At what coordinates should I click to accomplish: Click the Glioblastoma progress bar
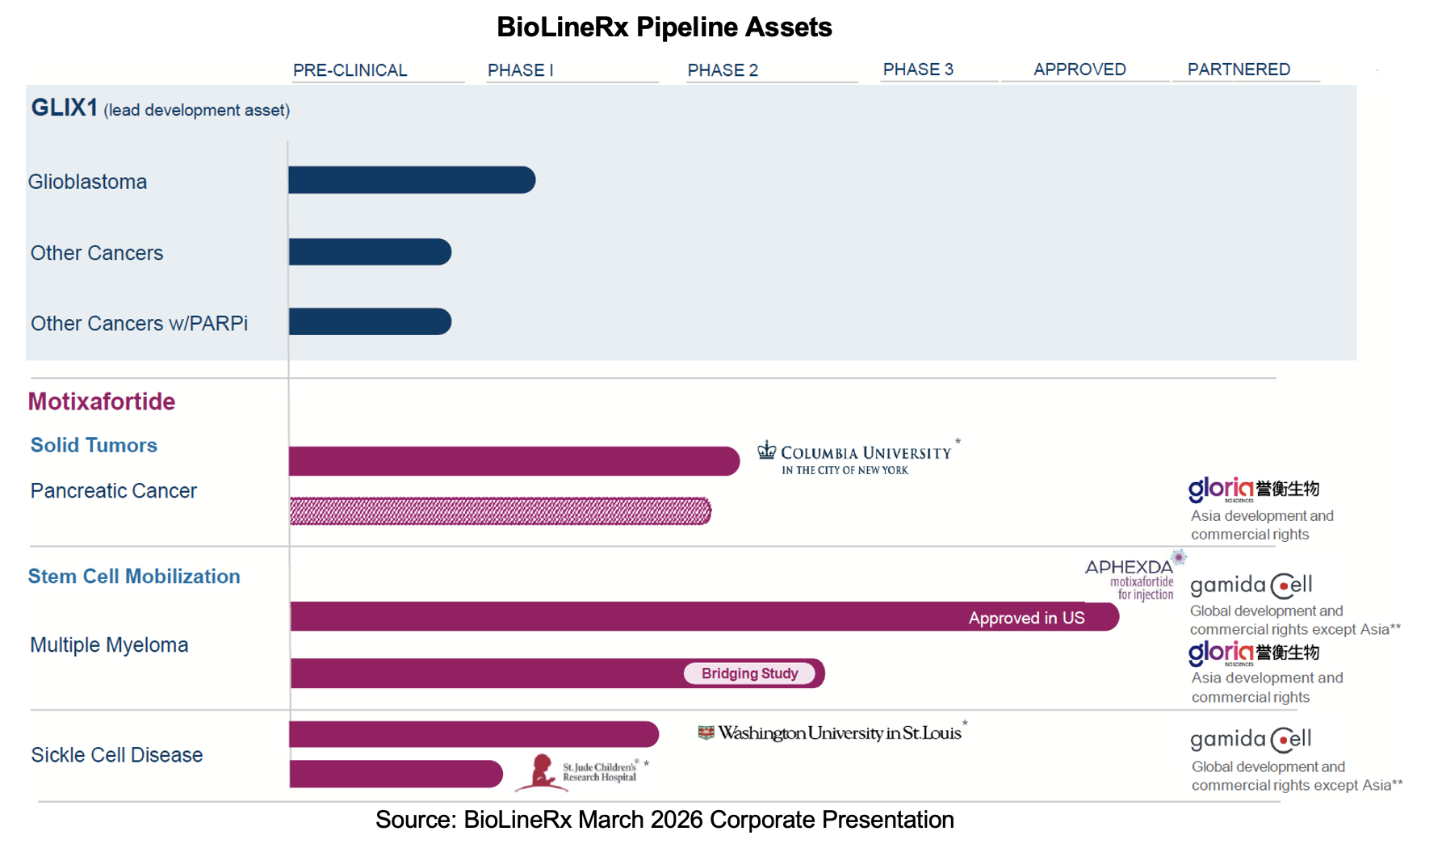412,180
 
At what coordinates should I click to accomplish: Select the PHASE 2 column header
723,70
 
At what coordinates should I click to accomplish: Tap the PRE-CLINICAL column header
350,70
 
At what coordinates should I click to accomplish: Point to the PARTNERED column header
1239,69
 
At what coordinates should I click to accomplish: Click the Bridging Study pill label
749,674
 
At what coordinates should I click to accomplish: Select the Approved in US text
1026,618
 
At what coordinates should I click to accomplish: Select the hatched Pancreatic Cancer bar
500,511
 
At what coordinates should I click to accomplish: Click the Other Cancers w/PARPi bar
370,321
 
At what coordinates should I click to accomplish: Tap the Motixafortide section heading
102,401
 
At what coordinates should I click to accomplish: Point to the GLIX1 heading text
65,107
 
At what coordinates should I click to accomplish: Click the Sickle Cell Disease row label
117,755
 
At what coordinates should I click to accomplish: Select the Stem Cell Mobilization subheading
134,577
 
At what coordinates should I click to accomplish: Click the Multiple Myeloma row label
109,645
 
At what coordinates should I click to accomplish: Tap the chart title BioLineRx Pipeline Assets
664,27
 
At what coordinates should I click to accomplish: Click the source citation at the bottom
664,820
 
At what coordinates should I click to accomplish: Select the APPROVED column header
1079,69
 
